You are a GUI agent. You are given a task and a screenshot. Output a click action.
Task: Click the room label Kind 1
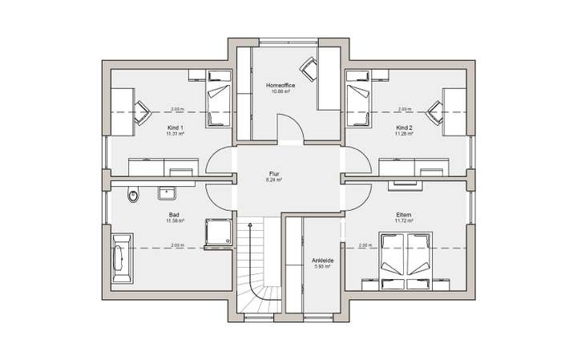[x=175, y=128]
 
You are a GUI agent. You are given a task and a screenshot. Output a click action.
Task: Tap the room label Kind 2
[x=404, y=128]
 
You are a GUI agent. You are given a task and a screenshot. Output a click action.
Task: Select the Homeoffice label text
[x=280, y=84]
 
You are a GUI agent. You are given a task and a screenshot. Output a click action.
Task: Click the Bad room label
[x=174, y=215]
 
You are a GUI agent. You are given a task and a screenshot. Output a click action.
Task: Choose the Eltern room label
[x=404, y=215]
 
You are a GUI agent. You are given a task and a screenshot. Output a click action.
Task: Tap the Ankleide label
[x=322, y=261]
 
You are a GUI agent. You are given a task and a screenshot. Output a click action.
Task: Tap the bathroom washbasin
[x=168, y=192]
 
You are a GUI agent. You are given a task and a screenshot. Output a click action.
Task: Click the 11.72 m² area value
[x=404, y=221]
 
